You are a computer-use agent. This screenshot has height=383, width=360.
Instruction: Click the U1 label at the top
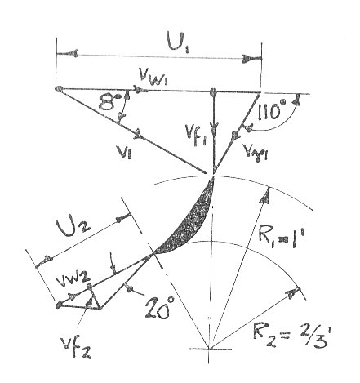(x=179, y=42)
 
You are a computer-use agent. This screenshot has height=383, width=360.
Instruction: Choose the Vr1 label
(x=256, y=154)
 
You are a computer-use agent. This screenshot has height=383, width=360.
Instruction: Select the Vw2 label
(x=73, y=280)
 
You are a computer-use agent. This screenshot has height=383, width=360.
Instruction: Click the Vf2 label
(x=77, y=345)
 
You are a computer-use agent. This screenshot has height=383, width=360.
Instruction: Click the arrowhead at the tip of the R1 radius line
(x=265, y=195)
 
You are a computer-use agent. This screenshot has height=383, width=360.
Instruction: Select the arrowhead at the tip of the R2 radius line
(x=292, y=292)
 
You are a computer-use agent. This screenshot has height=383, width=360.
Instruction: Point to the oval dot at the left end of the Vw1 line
(x=59, y=89)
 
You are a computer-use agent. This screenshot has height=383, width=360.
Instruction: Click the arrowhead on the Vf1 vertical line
(x=216, y=127)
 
